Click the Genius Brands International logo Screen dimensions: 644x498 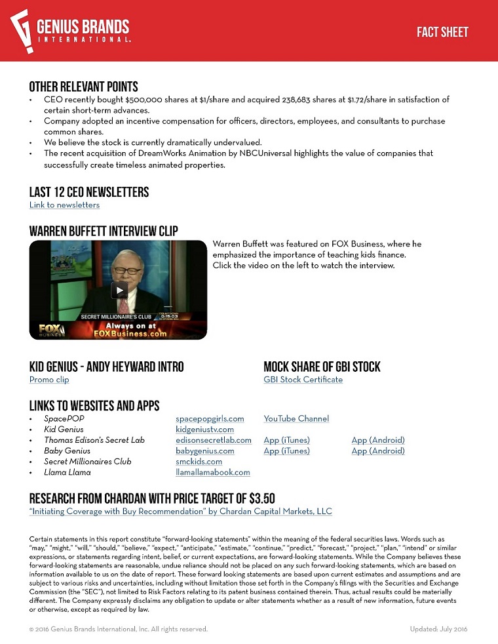pyautogui.click(x=71, y=30)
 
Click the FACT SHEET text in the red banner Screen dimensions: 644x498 pyautogui.click(x=442, y=32)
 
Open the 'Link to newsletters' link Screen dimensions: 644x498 pyautogui.click(x=64, y=205)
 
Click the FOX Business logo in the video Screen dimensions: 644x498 pyautogui.click(x=52, y=329)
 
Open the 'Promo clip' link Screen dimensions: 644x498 pyautogui.click(x=49, y=380)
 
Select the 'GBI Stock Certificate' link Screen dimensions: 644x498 pyautogui.click(x=303, y=380)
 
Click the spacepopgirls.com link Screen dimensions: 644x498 pyautogui.click(x=210, y=418)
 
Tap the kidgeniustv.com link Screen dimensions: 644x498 pyautogui.click(x=204, y=430)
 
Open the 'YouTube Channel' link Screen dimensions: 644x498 pyautogui.click(x=296, y=418)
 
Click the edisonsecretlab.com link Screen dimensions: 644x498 pyautogui.click(x=214, y=440)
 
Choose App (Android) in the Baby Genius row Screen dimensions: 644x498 pyautogui.click(x=378, y=451)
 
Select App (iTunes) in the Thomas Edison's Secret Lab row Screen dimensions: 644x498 pyautogui.click(x=286, y=440)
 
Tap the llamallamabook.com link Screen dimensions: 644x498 pyautogui.click(x=213, y=472)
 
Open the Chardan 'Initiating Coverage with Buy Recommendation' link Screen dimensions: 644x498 pyautogui.click(x=181, y=512)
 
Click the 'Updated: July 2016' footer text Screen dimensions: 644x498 pyautogui.click(x=439, y=629)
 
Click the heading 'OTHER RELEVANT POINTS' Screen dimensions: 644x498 pyautogui.click(x=83, y=87)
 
